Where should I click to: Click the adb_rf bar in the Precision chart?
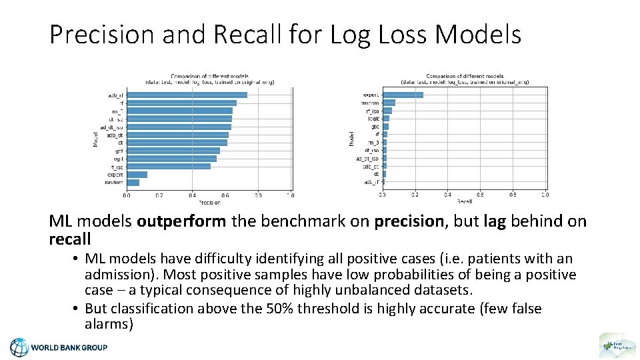(x=187, y=95)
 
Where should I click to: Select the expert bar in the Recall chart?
(x=402, y=95)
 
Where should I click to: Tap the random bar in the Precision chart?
(x=133, y=182)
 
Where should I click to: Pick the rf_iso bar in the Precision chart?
(x=168, y=167)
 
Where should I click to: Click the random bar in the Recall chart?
(x=388, y=103)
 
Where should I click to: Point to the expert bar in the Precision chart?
(x=137, y=175)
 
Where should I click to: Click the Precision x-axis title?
(x=209, y=202)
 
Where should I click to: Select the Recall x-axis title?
(x=464, y=201)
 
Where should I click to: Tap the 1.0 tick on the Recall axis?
(x=545, y=195)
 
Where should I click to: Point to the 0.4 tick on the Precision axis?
(x=192, y=195)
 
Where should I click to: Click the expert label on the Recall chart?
(x=371, y=95)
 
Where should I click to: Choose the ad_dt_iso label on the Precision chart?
(x=111, y=127)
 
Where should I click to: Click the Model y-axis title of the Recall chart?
(x=351, y=138)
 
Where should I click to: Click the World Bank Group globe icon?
(x=19, y=347)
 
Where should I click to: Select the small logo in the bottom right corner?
(x=613, y=346)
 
